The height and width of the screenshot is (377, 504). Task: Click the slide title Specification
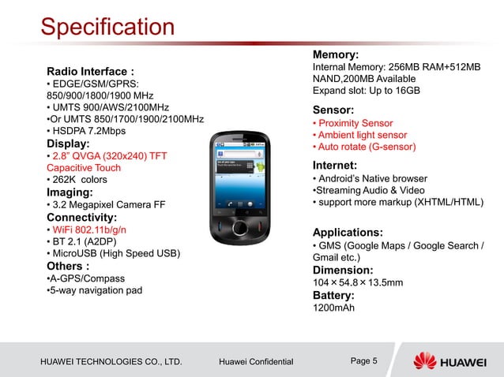(107, 28)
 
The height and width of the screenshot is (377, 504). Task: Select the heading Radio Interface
(90, 71)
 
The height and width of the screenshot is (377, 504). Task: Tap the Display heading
(69, 144)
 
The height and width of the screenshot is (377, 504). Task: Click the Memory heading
(337, 54)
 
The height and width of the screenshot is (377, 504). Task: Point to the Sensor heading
(333, 110)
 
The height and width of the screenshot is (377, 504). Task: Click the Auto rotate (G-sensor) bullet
(365, 147)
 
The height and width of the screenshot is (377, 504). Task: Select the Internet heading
(336, 165)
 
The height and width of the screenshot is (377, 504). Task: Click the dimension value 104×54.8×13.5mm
(359, 282)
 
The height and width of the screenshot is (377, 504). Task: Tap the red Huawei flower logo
(426, 360)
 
